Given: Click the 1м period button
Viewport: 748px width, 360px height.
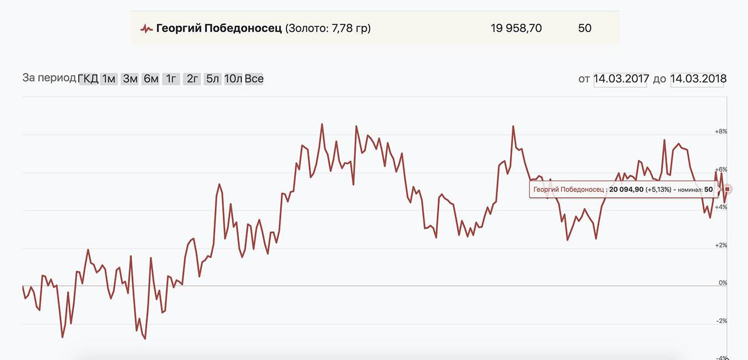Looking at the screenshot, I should click(109, 79).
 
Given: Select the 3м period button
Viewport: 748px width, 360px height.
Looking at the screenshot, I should click(130, 79).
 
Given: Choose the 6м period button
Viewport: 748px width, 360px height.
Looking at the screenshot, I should click(151, 79).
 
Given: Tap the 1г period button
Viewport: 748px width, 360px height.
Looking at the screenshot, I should click(171, 79).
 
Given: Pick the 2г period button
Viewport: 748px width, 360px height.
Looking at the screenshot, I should click(192, 79).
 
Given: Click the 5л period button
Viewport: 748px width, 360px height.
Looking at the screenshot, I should click(212, 79).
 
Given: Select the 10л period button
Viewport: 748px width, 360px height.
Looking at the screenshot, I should click(233, 79).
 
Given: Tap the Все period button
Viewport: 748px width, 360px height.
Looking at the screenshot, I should click(254, 79).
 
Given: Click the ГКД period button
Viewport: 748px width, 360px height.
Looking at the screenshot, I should click(88, 79).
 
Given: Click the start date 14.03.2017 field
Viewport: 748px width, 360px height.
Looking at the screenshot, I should click(621, 79).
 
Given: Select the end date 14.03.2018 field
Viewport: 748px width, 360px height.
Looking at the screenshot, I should click(698, 79).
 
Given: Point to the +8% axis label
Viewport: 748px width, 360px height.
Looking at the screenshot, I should click(721, 132).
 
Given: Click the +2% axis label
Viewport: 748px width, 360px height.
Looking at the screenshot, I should click(721, 245).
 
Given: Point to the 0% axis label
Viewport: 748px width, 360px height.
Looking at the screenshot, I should click(723, 283).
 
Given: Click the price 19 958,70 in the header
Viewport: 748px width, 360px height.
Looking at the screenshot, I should click(516, 28).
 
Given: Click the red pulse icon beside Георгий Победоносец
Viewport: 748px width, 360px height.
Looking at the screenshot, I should click(146, 28).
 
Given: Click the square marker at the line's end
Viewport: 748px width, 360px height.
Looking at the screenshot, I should click(727, 189).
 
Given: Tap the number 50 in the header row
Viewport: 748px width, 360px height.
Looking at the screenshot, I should click(585, 28).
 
